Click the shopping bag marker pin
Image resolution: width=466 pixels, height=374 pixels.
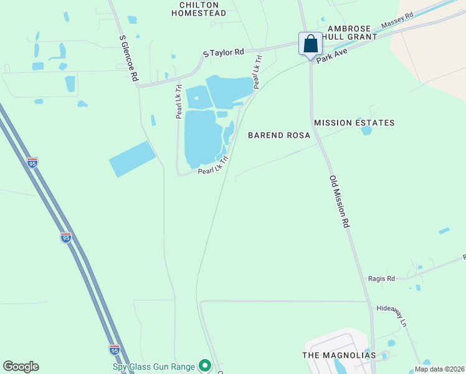coord(310,45)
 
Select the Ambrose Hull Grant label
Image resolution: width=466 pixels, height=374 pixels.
coord(353,32)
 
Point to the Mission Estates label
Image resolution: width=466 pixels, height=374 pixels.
coord(354,123)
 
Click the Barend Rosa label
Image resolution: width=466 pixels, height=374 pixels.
coord(278,135)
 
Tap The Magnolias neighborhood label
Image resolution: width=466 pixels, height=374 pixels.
coord(339,355)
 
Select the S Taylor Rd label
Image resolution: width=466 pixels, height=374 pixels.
coord(224,54)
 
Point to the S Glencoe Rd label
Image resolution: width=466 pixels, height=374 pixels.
coord(128,58)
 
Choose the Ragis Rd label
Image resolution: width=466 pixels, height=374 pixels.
coord(382,279)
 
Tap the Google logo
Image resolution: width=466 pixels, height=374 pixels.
coord(21,367)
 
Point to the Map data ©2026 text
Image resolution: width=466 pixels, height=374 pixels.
coord(439,369)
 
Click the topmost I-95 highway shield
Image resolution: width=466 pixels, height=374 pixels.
coord(32,163)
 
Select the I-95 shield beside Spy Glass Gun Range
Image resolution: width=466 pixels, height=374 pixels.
coord(114,350)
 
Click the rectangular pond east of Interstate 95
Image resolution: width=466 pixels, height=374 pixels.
coord(132,158)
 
